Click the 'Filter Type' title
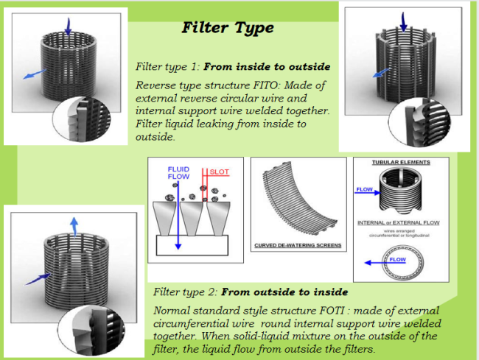[228, 28]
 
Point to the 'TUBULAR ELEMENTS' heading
[401, 162]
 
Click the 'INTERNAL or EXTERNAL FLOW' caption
[402, 222]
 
